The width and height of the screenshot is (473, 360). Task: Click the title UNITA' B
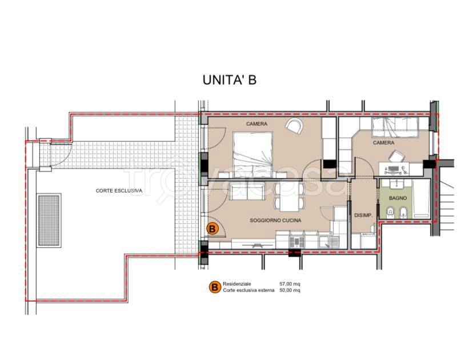(x=229, y=80)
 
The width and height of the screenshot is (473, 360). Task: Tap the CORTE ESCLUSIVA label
(x=119, y=191)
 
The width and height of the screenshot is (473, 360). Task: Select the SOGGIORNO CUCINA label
(x=275, y=221)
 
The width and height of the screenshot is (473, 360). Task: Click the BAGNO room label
(x=398, y=198)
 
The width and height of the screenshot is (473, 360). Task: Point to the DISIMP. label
(x=363, y=215)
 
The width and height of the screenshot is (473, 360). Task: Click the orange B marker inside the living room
(x=212, y=229)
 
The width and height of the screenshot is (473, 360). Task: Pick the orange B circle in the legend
(x=215, y=287)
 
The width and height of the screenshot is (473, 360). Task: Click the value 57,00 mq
(x=290, y=284)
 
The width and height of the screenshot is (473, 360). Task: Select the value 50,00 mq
(x=290, y=290)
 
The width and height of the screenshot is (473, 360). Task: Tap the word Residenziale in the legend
(x=237, y=284)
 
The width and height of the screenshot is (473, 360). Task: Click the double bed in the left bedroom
(x=253, y=155)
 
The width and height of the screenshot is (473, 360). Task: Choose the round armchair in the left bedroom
(x=294, y=126)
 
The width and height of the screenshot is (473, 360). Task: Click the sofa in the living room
(x=247, y=191)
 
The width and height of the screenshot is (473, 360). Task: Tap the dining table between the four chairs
(x=289, y=197)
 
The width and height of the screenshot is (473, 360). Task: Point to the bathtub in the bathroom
(x=421, y=198)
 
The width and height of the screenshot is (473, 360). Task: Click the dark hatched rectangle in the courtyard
(x=49, y=221)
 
